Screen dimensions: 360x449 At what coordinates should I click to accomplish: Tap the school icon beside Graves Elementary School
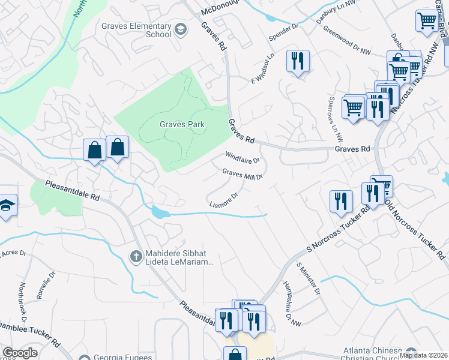click(179, 29)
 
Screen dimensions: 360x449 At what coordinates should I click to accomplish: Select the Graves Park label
click(182, 125)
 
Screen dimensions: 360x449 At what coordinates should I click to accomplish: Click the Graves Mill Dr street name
click(243, 175)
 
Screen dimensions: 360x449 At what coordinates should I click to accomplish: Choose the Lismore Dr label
click(224, 200)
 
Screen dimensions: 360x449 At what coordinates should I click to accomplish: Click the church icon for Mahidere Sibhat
click(136, 257)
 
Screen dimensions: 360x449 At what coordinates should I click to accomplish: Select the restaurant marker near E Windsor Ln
click(297, 61)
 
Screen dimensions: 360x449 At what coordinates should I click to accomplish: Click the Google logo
click(20, 353)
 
